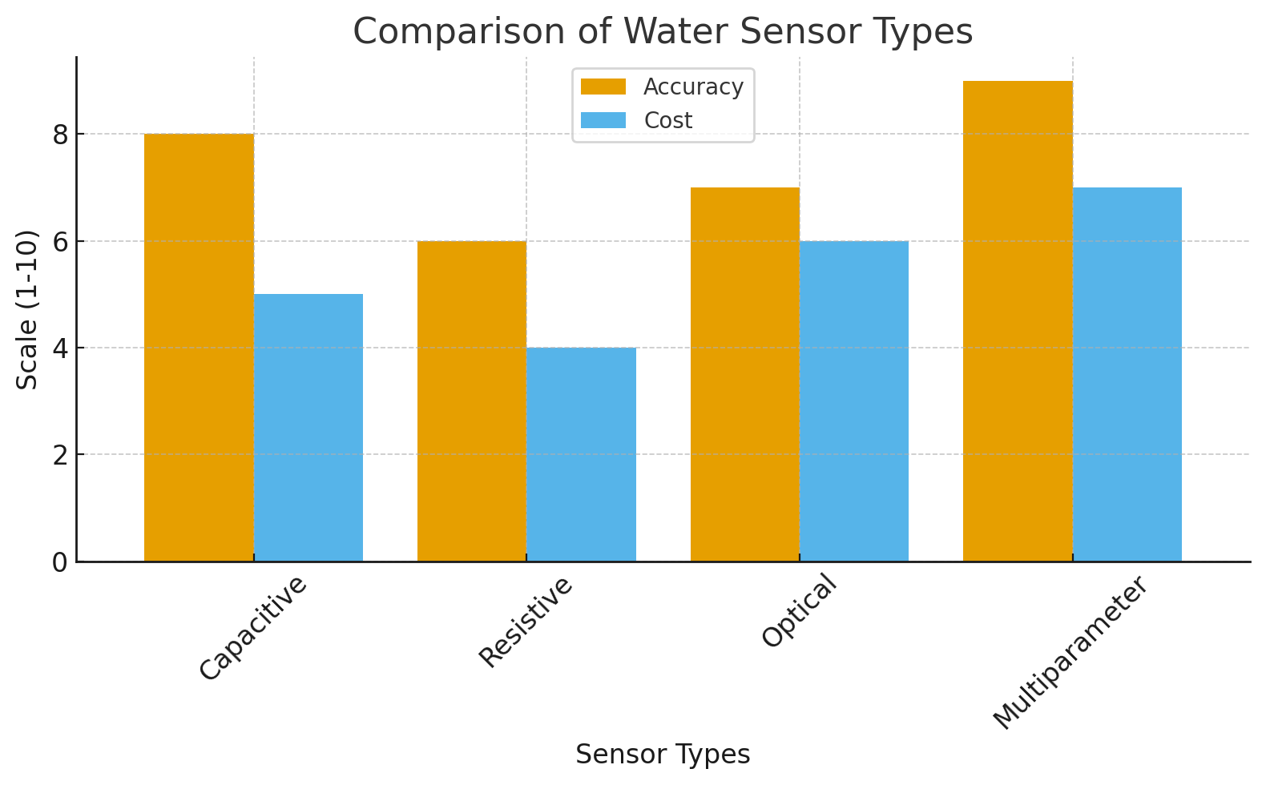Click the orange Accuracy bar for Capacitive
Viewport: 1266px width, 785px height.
(x=199, y=348)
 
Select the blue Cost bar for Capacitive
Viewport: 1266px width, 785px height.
(x=308, y=428)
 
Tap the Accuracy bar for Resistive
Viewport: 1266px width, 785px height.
(x=472, y=401)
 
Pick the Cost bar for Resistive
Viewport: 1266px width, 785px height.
(x=582, y=454)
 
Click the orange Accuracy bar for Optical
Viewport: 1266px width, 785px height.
(x=745, y=374)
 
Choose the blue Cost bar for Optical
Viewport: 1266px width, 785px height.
(x=854, y=401)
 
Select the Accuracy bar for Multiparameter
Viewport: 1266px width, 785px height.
(x=1018, y=320)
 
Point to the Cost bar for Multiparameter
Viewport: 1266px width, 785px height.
(x=1127, y=374)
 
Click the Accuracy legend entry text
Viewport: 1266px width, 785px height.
(x=693, y=87)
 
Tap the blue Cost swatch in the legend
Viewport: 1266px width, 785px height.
(x=603, y=120)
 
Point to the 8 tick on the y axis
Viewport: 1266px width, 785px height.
(x=61, y=135)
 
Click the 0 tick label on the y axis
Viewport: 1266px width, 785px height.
(x=61, y=562)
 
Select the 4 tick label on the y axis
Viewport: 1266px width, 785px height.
(x=61, y=348)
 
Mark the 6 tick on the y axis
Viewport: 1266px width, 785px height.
(x=61, y=242)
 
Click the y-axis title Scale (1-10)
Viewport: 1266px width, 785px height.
(x=27, y=310)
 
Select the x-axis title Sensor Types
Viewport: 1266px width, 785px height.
(x=663, y=755)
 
